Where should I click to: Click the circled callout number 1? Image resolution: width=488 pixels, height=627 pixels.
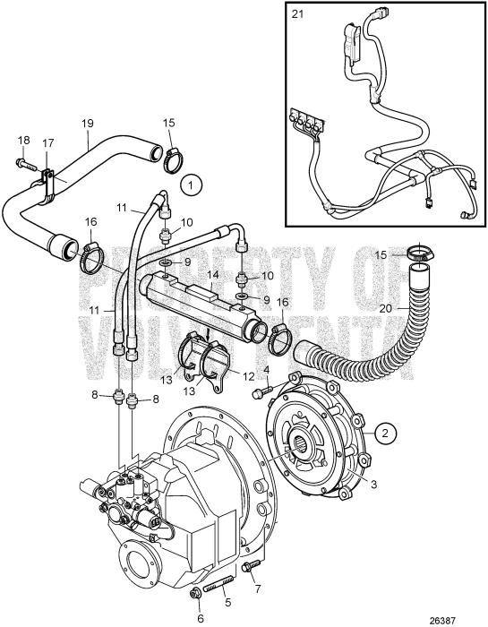(x=190, y=185)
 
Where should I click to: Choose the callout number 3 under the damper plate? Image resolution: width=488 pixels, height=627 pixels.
(x=372, y=483)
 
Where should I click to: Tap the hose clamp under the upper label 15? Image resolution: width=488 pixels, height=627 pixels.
(x=172, y=159)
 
